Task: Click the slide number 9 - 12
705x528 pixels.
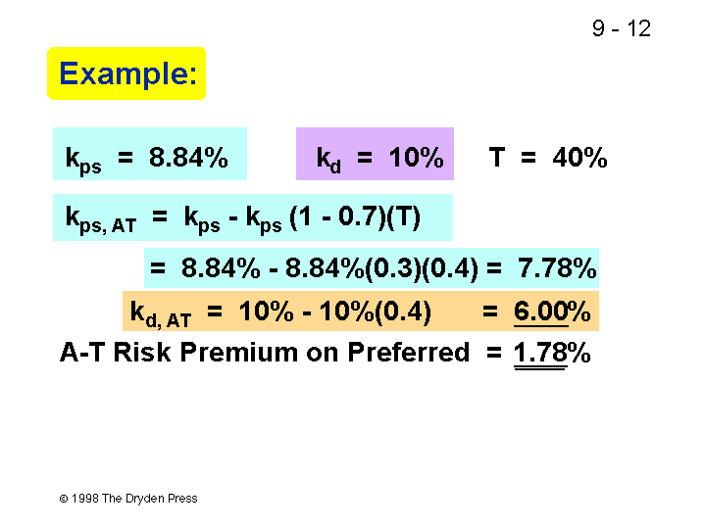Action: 622,28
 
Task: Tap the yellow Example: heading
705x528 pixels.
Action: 127,73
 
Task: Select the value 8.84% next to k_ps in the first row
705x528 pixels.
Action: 188,158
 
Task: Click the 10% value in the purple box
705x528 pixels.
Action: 417,158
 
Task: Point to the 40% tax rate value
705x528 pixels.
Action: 580,158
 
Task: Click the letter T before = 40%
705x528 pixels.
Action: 497,158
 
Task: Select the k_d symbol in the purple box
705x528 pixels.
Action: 328,160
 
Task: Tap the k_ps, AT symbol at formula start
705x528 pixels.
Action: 101,219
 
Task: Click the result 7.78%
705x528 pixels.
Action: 557,267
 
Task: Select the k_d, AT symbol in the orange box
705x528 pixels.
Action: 161,314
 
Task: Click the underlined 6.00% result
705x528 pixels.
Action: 552,311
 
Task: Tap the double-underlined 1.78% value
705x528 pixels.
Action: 552,353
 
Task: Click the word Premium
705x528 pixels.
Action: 238,352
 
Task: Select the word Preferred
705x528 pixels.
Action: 409,352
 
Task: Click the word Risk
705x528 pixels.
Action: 141,352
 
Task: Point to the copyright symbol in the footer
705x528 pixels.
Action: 64,499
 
